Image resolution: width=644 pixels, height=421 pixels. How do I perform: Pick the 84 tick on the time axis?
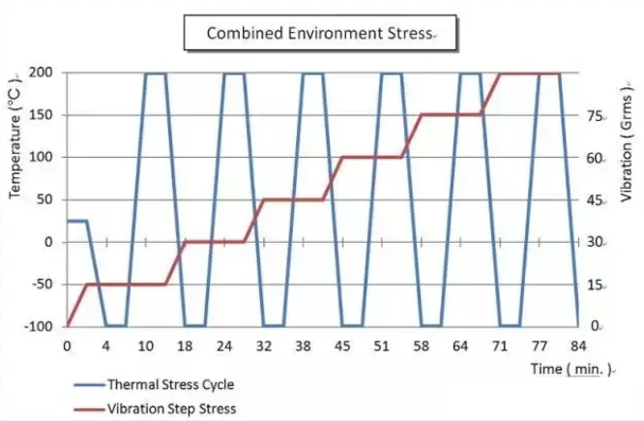click(x=578, y=346)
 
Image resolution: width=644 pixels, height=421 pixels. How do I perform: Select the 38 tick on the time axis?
click(x=303, y=346)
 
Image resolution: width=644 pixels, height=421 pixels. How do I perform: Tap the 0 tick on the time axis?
click(x=67, y=346)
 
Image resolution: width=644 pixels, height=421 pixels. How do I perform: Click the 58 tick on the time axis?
click(x=421, y=346)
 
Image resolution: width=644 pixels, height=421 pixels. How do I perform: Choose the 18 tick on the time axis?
click(x=185, y=346)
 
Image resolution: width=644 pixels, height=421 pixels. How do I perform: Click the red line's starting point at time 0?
click(x=67, y=326)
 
